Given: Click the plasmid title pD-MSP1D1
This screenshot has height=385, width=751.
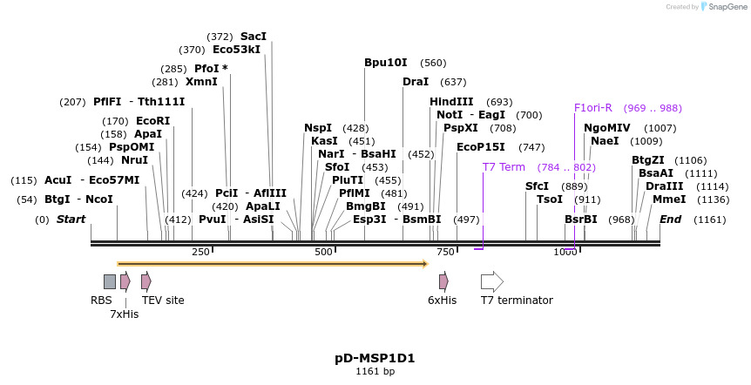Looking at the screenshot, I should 375,358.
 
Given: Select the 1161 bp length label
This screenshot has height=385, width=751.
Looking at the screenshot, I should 375,372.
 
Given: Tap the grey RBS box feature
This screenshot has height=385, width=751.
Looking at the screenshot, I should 109,281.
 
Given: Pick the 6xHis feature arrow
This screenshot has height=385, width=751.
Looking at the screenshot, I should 443,281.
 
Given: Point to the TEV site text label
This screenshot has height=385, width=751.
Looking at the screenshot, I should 163,301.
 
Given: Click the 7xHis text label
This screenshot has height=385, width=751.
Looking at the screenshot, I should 125,314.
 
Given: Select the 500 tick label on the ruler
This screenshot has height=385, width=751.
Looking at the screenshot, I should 324,252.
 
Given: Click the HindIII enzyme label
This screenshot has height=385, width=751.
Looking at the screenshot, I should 451,102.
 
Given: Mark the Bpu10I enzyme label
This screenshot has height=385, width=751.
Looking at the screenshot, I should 385,63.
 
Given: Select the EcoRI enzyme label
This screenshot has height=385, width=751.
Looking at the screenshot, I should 152,121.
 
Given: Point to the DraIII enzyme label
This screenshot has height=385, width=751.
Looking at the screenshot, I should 663,186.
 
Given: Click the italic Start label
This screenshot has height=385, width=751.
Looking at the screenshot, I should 71,220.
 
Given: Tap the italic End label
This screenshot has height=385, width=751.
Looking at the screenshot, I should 670,220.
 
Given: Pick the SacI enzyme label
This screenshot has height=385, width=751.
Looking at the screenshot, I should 253,37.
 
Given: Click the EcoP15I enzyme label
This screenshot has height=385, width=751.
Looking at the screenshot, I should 480,147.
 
